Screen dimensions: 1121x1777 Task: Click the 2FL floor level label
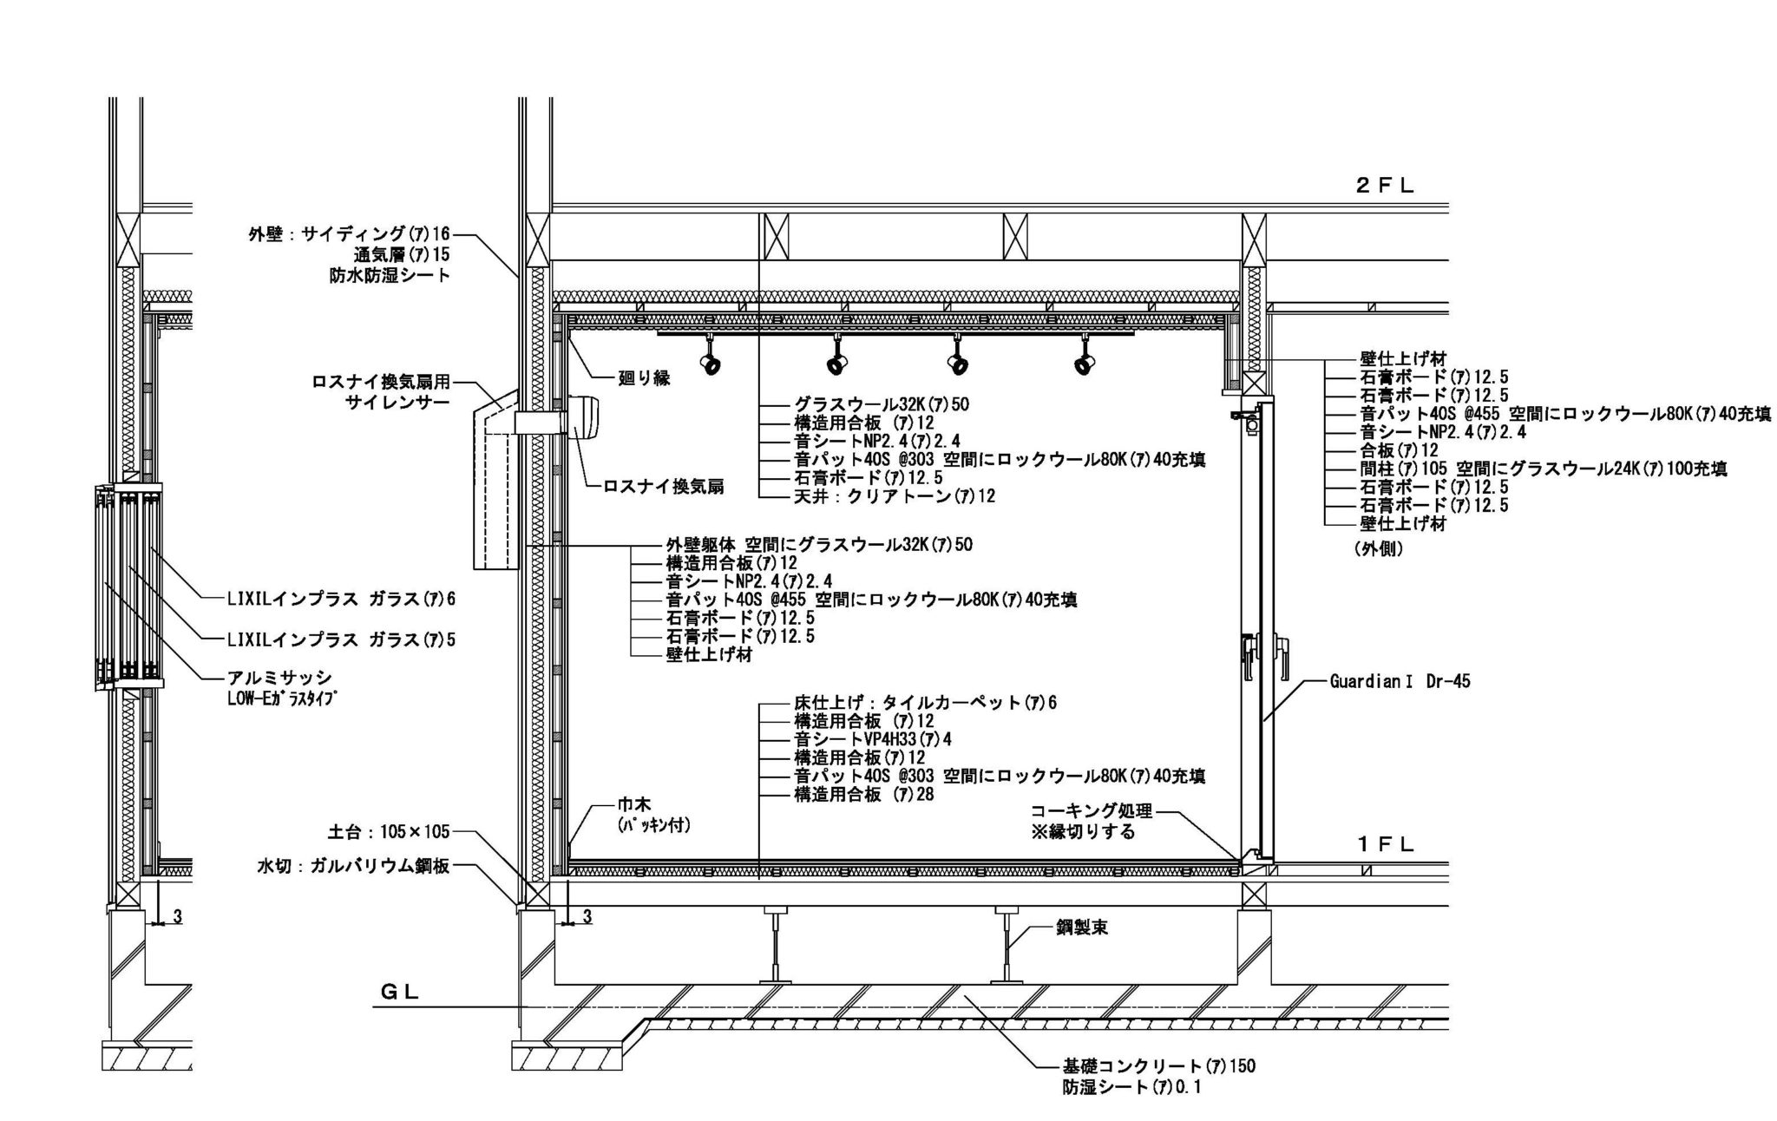point(1385,185)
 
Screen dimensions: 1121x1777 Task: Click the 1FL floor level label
point(1385,843)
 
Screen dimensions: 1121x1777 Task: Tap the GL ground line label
point(400,993)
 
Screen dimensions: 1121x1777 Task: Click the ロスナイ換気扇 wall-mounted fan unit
point(584,417)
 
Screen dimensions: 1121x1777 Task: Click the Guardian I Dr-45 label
point(1400,682)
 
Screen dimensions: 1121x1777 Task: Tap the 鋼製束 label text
point(1081,928)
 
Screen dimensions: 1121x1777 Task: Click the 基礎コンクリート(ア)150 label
point(1158,1066)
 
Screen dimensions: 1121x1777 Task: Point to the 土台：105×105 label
point(390,832)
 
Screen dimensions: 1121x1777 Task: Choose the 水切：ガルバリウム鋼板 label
point(354,866)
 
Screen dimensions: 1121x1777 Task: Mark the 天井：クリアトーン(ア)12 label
point(895,496)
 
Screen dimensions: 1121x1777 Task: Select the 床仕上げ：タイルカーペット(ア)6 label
point(925,703)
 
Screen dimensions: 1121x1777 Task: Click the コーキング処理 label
point(1092,811)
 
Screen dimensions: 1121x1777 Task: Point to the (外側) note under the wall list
point(1378,548)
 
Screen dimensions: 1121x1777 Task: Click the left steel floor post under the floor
point(774,945)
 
